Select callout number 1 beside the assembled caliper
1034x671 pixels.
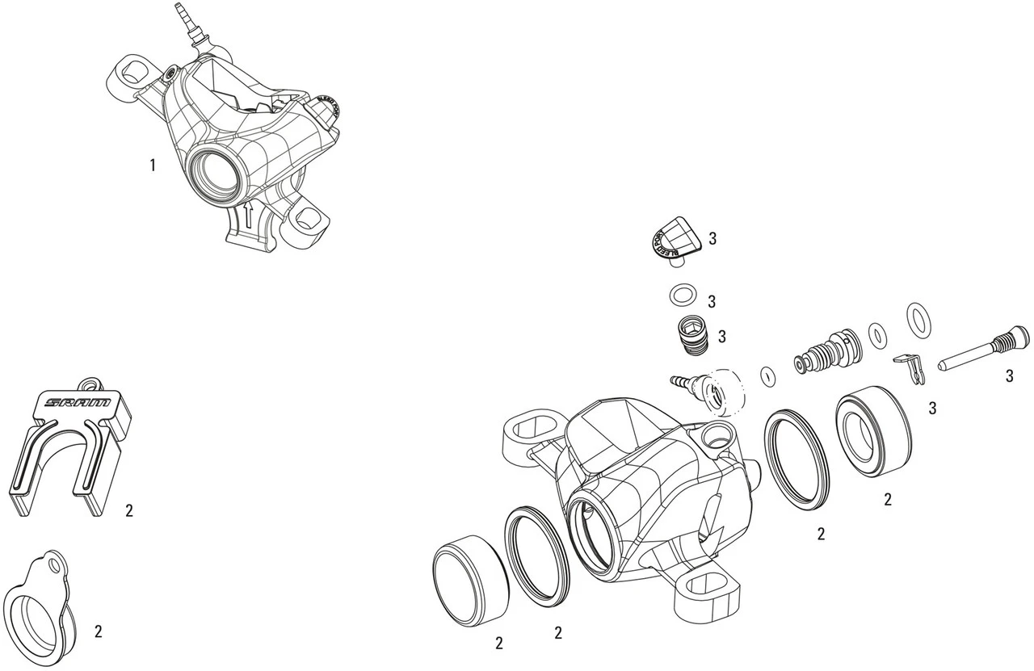pos(152,166)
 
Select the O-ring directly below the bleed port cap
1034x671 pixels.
pos(682,296)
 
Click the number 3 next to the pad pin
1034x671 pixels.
pos(1010,376)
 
